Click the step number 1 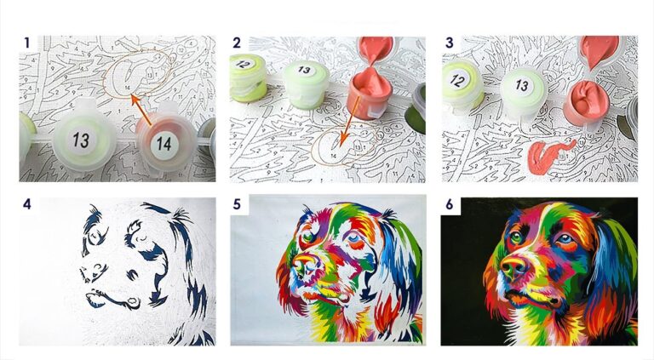coord(27,43)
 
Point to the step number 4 coord(27,203)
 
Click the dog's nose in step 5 coord(303,266)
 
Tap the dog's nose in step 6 coord(513,267)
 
